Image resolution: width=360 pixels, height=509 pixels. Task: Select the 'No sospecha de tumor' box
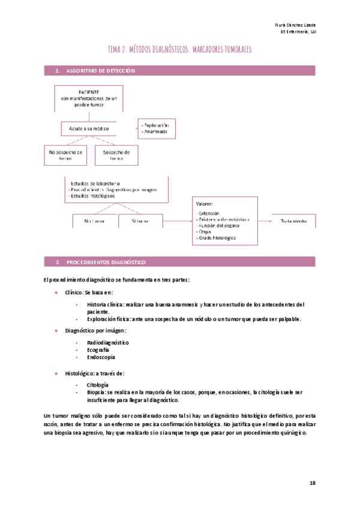pos(66,155)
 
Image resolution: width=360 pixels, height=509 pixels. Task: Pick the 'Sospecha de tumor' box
pos(116,155)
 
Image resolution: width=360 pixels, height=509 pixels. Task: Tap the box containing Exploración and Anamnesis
pos(157,128)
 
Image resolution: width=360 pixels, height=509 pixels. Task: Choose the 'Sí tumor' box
pos(141,221)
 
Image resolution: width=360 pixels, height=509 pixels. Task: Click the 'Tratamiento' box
pos(293,221)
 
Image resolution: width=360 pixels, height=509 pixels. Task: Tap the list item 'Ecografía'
pos(98,349)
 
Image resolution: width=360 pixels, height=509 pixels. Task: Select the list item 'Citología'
pos(97,384)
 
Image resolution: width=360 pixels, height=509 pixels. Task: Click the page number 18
pos(312,483)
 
